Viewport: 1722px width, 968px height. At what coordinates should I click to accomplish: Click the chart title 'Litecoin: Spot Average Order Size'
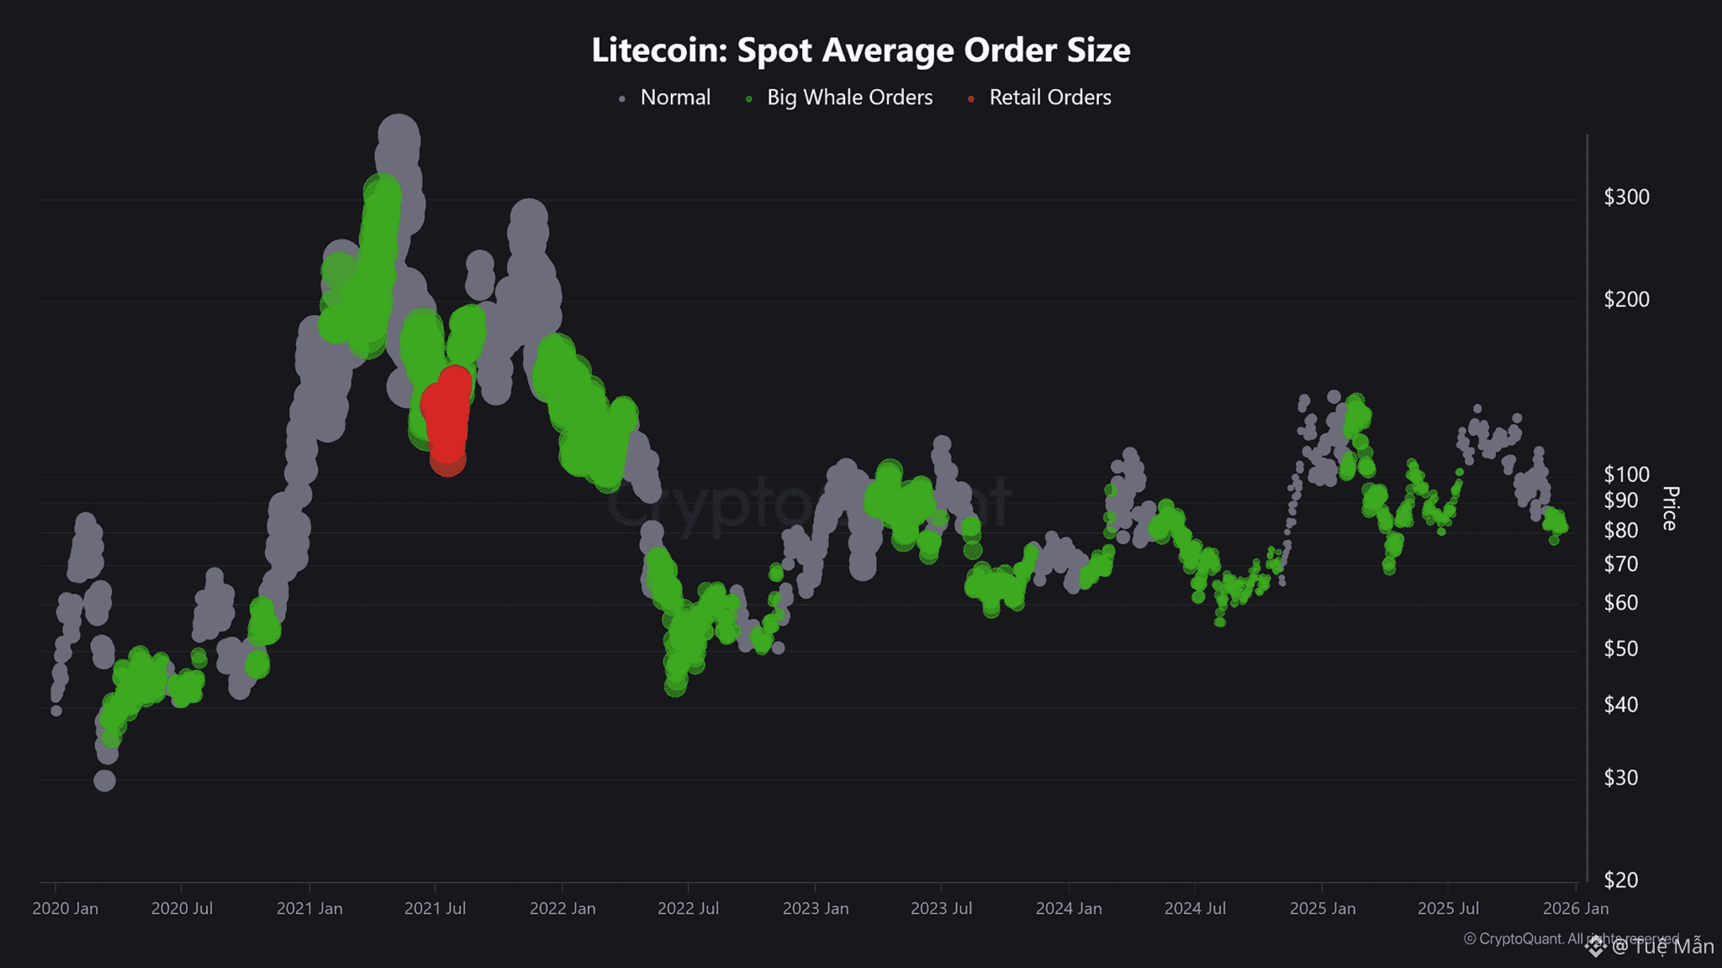pos(860,50)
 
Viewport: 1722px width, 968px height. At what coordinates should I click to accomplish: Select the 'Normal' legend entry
pos(674,98)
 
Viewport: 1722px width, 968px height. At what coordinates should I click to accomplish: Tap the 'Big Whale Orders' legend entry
pos(849,98)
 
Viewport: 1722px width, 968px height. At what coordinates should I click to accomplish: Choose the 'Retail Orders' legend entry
pos(1049,98)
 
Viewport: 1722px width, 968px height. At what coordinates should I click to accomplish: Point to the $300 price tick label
pos(1626,197)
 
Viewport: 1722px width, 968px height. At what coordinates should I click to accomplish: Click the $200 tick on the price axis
pos(1626,299)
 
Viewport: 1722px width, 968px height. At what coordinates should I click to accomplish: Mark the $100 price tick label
pos(1626,474)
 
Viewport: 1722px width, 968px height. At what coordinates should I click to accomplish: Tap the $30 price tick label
pos(1620,777)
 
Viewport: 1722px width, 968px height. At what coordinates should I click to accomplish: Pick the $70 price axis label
pos(1620,563)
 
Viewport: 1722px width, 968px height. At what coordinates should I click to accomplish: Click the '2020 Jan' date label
pos(65,908)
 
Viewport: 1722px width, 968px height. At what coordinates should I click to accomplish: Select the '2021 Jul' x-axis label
pos(435,908)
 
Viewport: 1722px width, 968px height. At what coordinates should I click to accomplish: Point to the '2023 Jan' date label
pos(815,908)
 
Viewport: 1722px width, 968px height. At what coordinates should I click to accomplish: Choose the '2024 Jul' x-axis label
pos(1195,908)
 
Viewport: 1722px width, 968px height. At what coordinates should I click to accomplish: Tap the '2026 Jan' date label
pos(1575,908)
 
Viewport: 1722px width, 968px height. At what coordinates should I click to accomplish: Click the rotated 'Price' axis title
pos(1670,508)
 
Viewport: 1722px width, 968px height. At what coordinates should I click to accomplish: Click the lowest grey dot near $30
pos(104,780)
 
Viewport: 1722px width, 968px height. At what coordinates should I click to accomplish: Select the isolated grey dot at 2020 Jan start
pos(56,711)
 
